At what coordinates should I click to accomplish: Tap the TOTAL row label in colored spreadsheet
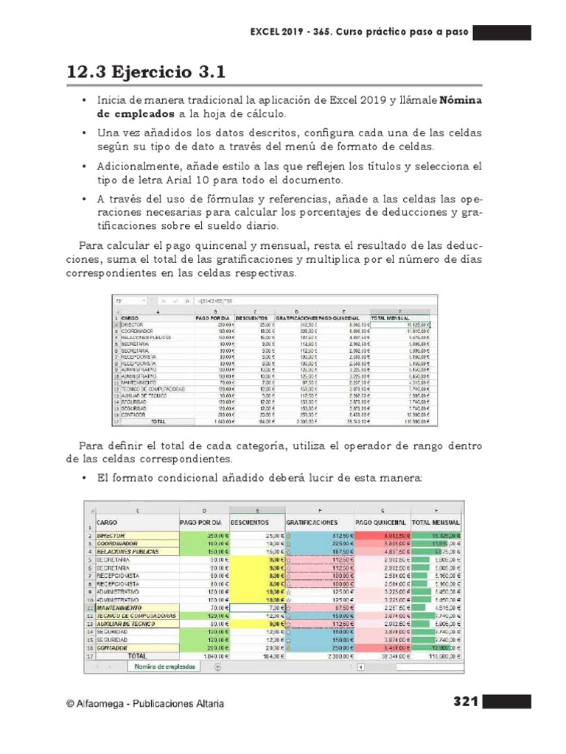[x=137, y=655]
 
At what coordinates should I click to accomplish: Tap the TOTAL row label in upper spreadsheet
[x=158, y=423]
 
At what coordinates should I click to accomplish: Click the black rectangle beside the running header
[x=501, y=33]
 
